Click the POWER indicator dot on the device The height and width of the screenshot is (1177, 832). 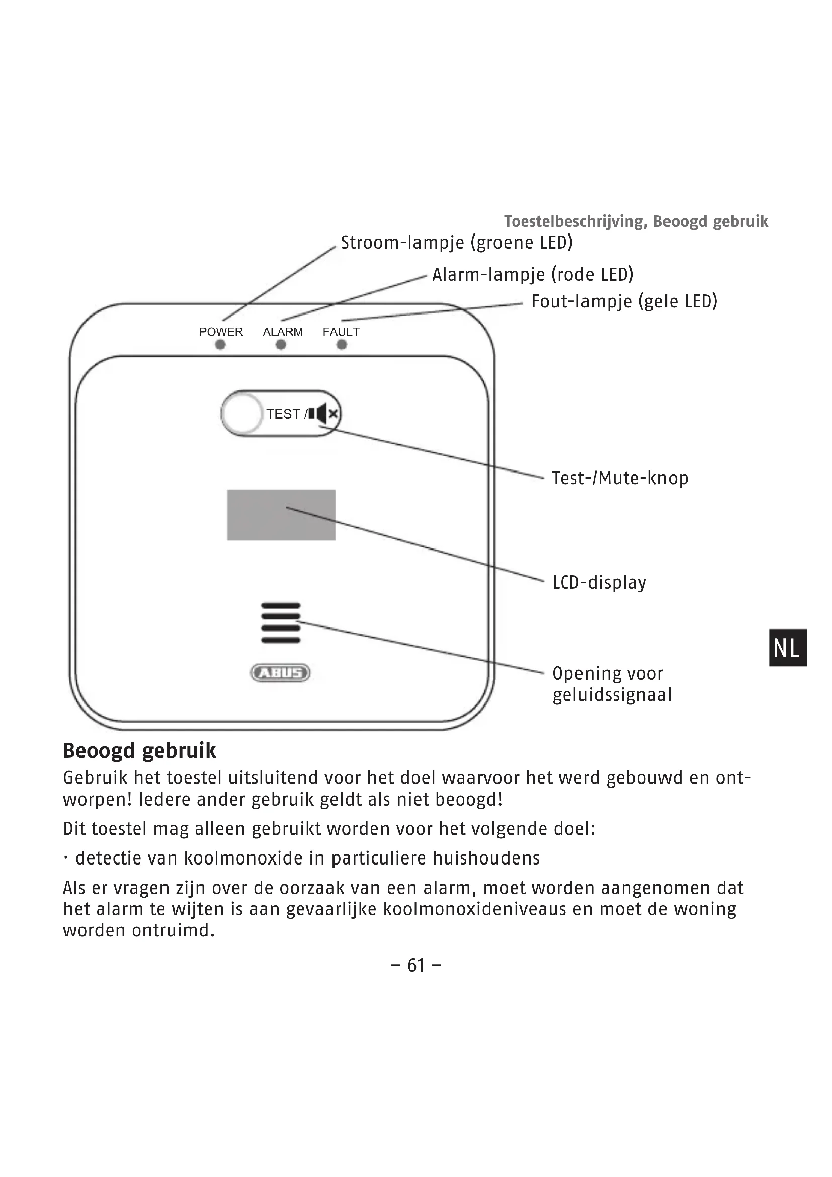click(x=220, y=345)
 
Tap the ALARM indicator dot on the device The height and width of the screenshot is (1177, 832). click(x=281, y=345)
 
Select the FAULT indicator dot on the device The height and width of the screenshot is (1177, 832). click(x=342, y=345)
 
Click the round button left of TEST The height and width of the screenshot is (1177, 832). click(x=242, y=413)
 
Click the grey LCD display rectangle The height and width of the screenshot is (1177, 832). click(x=281, y=515)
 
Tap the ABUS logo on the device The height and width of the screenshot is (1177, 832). click(x=280, y=673)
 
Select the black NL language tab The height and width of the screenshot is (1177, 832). click(x=788, y=648)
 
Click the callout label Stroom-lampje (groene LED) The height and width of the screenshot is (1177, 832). click(x=456, y=243)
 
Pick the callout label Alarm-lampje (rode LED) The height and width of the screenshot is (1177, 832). click(x=533, y=275)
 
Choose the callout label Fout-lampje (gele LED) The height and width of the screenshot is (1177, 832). click(x=624, y=301)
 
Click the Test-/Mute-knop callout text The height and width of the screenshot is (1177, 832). click(x=620, y=478)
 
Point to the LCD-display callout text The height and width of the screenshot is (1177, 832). click(x=600, y=583)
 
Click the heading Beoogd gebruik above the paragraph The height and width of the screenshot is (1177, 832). click(x=139, y=751)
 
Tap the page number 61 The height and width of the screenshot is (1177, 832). click(x=416, y=966)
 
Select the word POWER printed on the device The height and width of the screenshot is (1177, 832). click(x=221, y=332)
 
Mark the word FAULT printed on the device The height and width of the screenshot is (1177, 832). click(x=341, y=332)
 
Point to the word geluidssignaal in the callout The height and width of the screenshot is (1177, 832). click(x=612, y=695)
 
